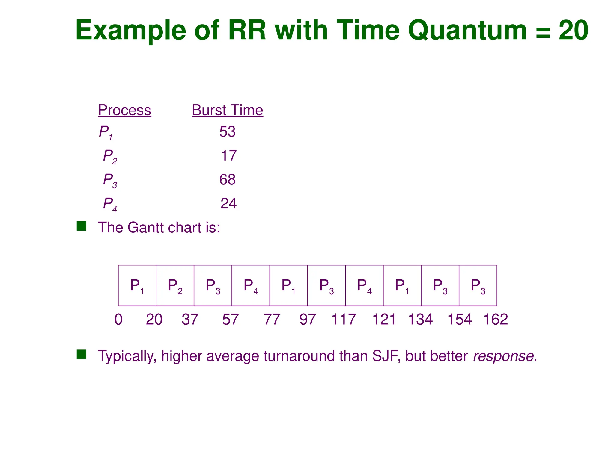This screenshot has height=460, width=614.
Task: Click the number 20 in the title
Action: pos(573,30)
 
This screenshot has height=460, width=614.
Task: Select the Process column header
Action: pos(124,110)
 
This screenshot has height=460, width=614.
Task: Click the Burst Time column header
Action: pos(227,110)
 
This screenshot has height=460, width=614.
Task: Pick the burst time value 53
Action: pos(227,132)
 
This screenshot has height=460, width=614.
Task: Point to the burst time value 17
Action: pos(228,156)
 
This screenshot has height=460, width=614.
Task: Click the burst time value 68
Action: pos(227,180)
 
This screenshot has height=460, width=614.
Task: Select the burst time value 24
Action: pos(228,204)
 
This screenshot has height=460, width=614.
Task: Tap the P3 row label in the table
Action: pos(110,180)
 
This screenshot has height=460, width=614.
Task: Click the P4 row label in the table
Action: pos(110,204)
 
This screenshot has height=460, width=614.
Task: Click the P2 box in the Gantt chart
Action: pos(175,286)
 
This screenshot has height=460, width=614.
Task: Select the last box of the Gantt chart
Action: pos(478,286)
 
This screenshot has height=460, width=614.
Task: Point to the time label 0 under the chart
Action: pos(118,319)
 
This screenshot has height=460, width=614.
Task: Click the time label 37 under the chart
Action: pos(190,319)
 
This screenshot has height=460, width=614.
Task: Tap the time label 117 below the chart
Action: pos(344,319)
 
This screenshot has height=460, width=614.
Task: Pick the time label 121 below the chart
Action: pos(384,319)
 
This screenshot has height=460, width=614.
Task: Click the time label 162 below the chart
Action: pos(496,319)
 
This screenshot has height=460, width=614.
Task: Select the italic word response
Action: pos(503,356)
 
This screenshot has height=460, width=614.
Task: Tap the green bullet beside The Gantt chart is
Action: pos(82,226)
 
